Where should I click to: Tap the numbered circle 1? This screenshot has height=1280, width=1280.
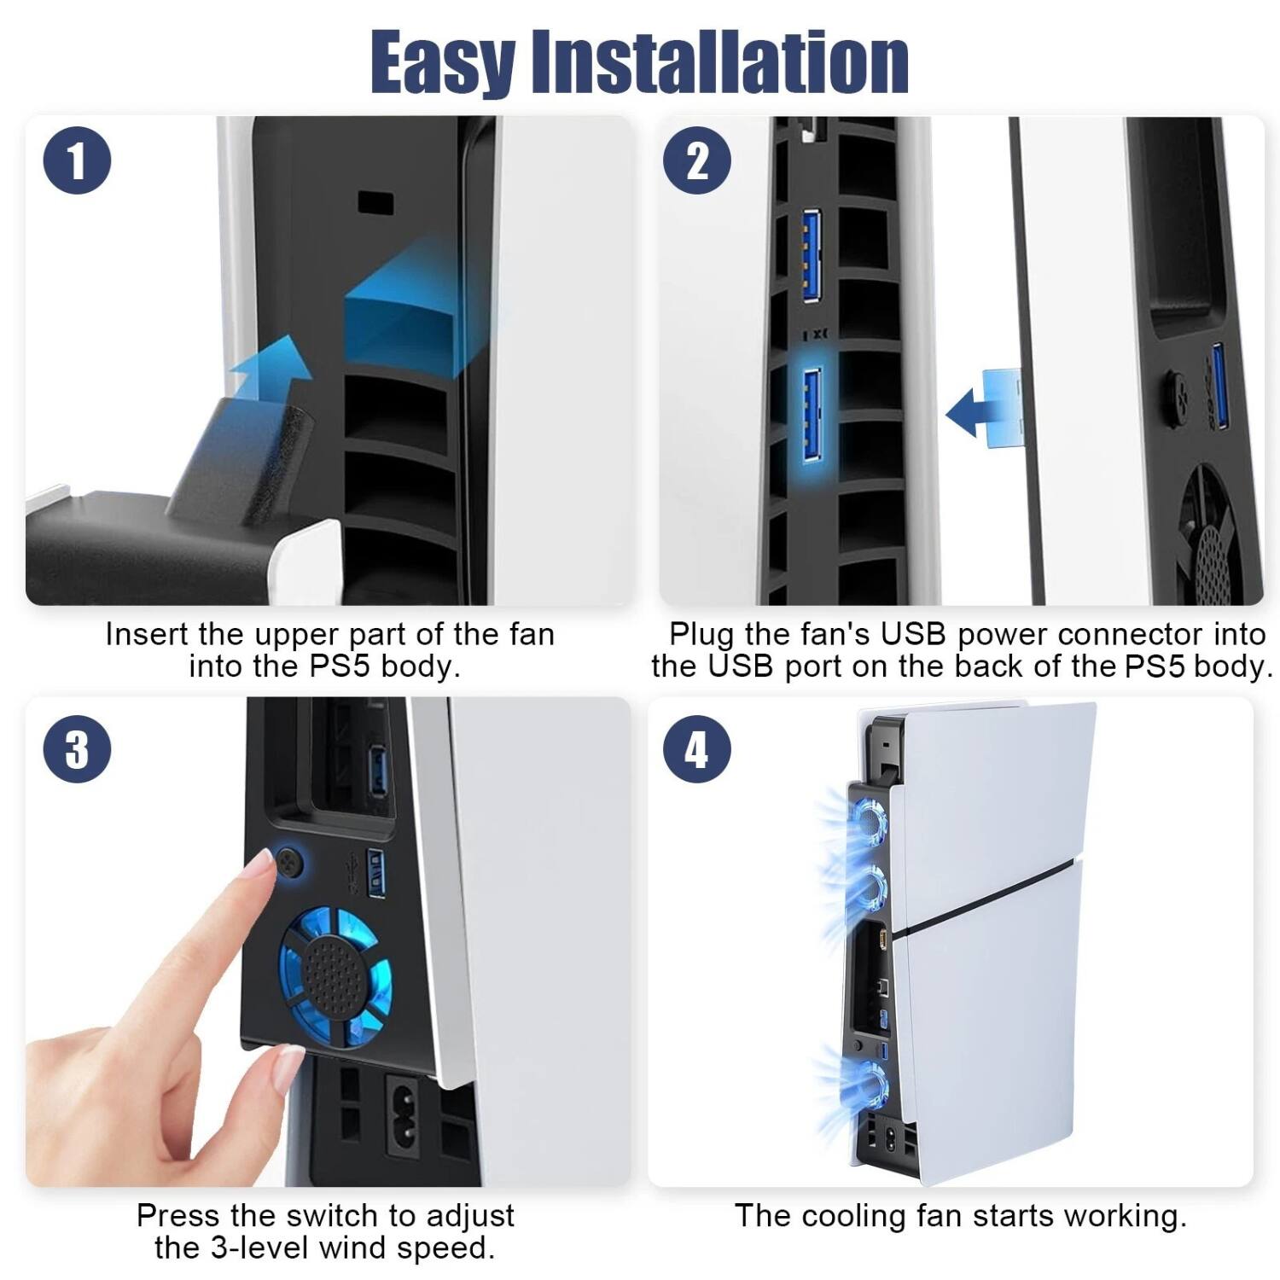coord(77,161)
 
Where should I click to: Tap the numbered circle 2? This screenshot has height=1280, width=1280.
coord(696,160)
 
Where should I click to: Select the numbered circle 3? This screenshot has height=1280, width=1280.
coord(77,749)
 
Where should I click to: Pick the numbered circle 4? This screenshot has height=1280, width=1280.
coord(696,749)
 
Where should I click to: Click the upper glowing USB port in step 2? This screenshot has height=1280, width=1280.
coord(812,256)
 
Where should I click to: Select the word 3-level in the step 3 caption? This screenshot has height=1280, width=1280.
coord(258,1248)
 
